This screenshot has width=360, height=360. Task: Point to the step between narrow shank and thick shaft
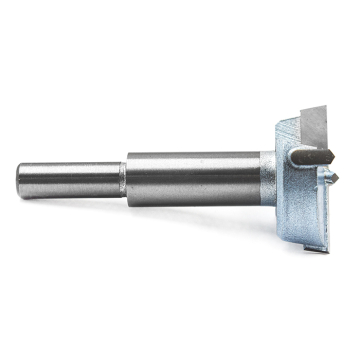point(124,174)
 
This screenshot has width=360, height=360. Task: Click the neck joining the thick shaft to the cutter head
point(266,173)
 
